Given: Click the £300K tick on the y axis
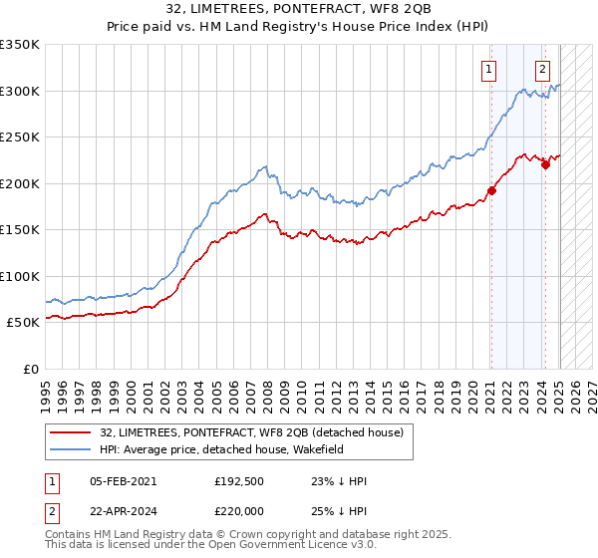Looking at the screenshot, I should coord(19,91).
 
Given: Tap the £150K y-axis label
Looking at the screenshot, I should coord(19,229).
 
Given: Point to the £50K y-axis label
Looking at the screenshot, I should coord(23,323).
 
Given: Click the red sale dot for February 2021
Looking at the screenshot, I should coord(491,191).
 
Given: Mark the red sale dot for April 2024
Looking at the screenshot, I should coord(545,165).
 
